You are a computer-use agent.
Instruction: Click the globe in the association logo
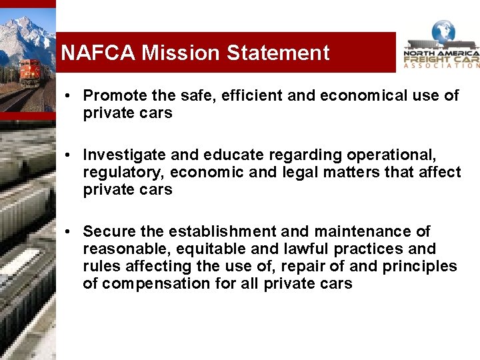coord(443,31)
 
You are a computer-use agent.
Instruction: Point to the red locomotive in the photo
coord(30,71)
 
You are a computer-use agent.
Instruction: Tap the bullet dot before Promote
coord(69,96)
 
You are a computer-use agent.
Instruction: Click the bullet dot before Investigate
coord(69,155)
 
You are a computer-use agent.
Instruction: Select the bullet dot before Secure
coord(69,232)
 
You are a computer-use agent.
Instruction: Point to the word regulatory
coord(124,172)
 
